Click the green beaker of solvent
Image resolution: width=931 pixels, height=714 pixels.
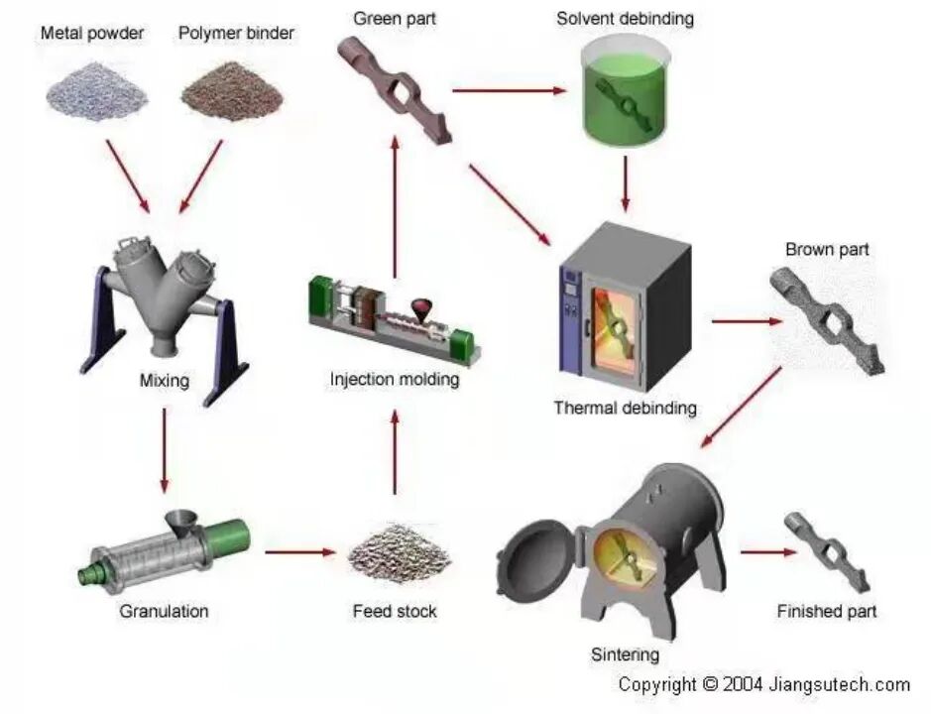[624, 95]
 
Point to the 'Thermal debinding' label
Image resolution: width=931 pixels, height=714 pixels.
[625, 408]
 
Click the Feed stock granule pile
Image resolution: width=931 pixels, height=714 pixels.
[396, 555]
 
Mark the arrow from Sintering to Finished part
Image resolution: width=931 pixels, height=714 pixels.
[768, 551]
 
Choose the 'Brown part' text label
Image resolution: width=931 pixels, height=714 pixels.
[827, 248]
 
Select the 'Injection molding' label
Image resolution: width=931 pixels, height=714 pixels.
[395, 379]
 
